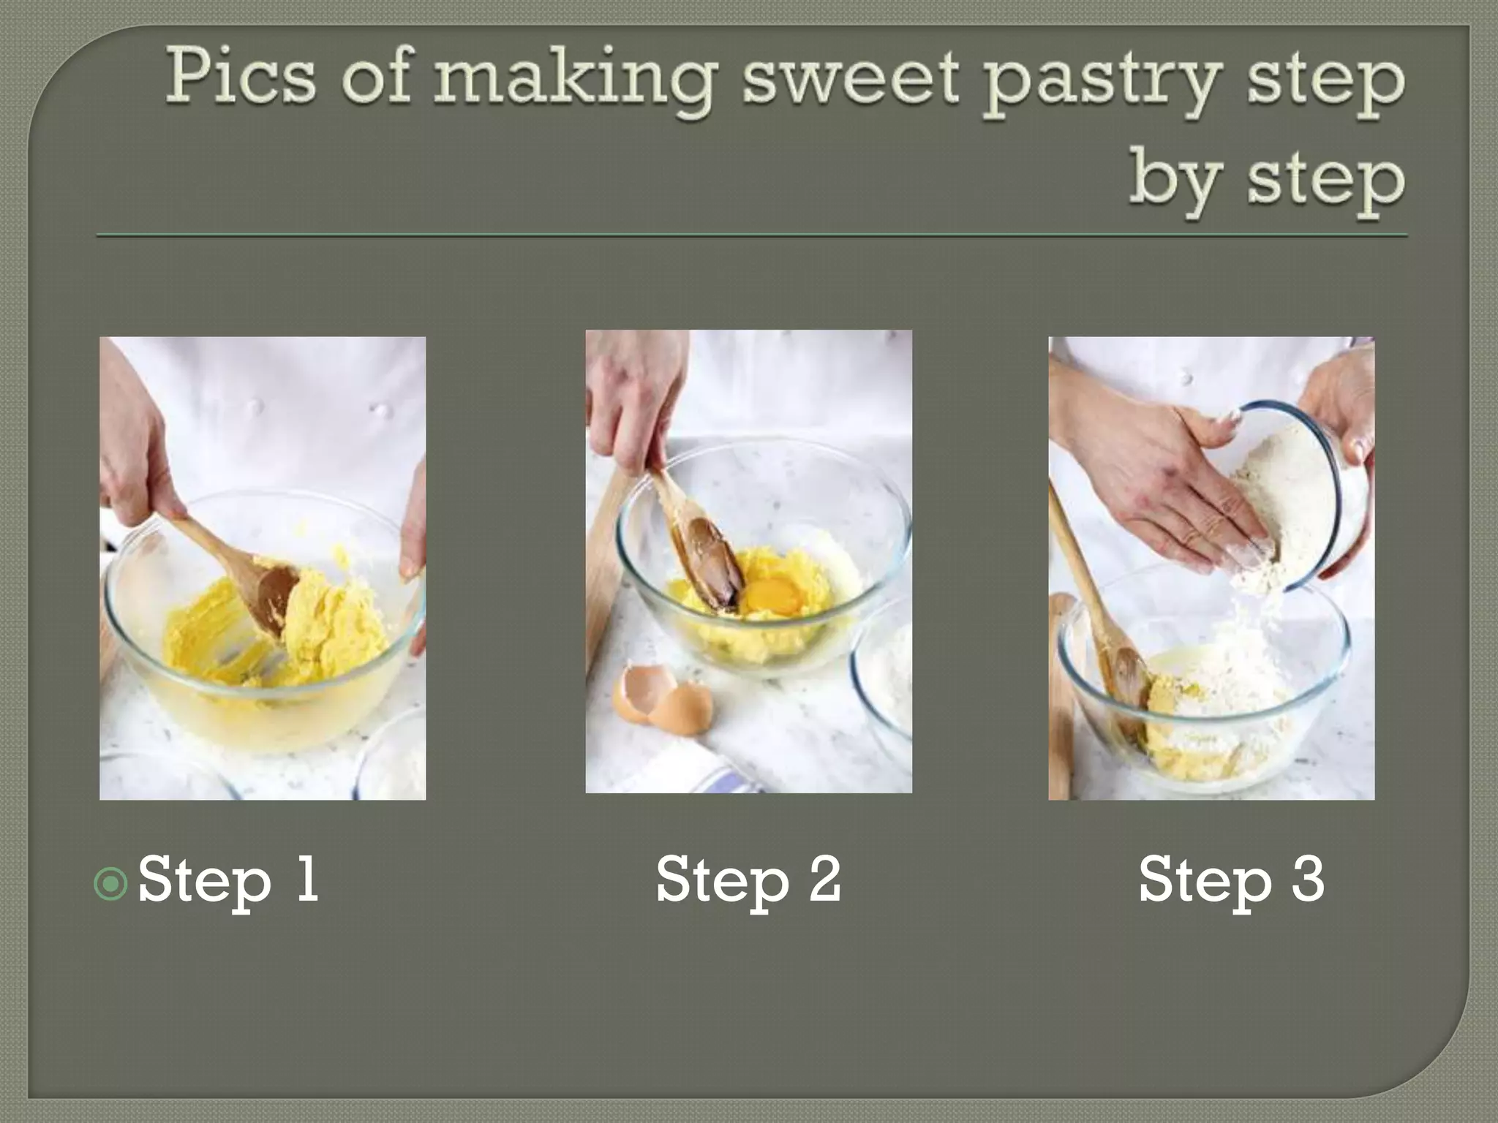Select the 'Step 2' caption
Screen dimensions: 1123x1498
(748, 880)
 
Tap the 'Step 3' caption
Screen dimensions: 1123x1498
(1231, 880)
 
